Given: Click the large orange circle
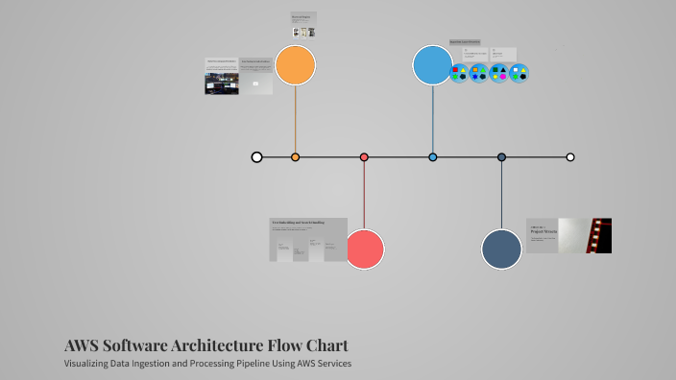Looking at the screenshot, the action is (x=295, y=65).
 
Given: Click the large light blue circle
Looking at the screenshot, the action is (x=433, y=65).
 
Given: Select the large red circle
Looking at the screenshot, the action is (x=364, y=249).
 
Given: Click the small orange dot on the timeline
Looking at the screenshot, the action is (x=295, y=157).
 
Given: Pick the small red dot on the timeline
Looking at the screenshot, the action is (x=364, y=157).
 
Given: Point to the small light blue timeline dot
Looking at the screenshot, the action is (x=433, y=157).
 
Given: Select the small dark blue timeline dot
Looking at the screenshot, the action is (x=501, y=157).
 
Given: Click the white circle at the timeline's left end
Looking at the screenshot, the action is (x=256, y=157).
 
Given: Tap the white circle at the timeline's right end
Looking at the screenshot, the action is (x=570, y=157).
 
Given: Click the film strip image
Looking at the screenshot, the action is (x=600, y=235).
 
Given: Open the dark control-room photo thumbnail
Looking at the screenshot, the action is (x=221, y=83).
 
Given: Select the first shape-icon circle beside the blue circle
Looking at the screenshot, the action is (x=459, y=73).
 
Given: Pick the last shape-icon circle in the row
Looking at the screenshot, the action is (x=519, y=73).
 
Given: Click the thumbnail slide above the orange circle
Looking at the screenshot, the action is (x=303, y=25).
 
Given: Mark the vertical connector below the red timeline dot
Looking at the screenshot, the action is (x=364, y=197).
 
